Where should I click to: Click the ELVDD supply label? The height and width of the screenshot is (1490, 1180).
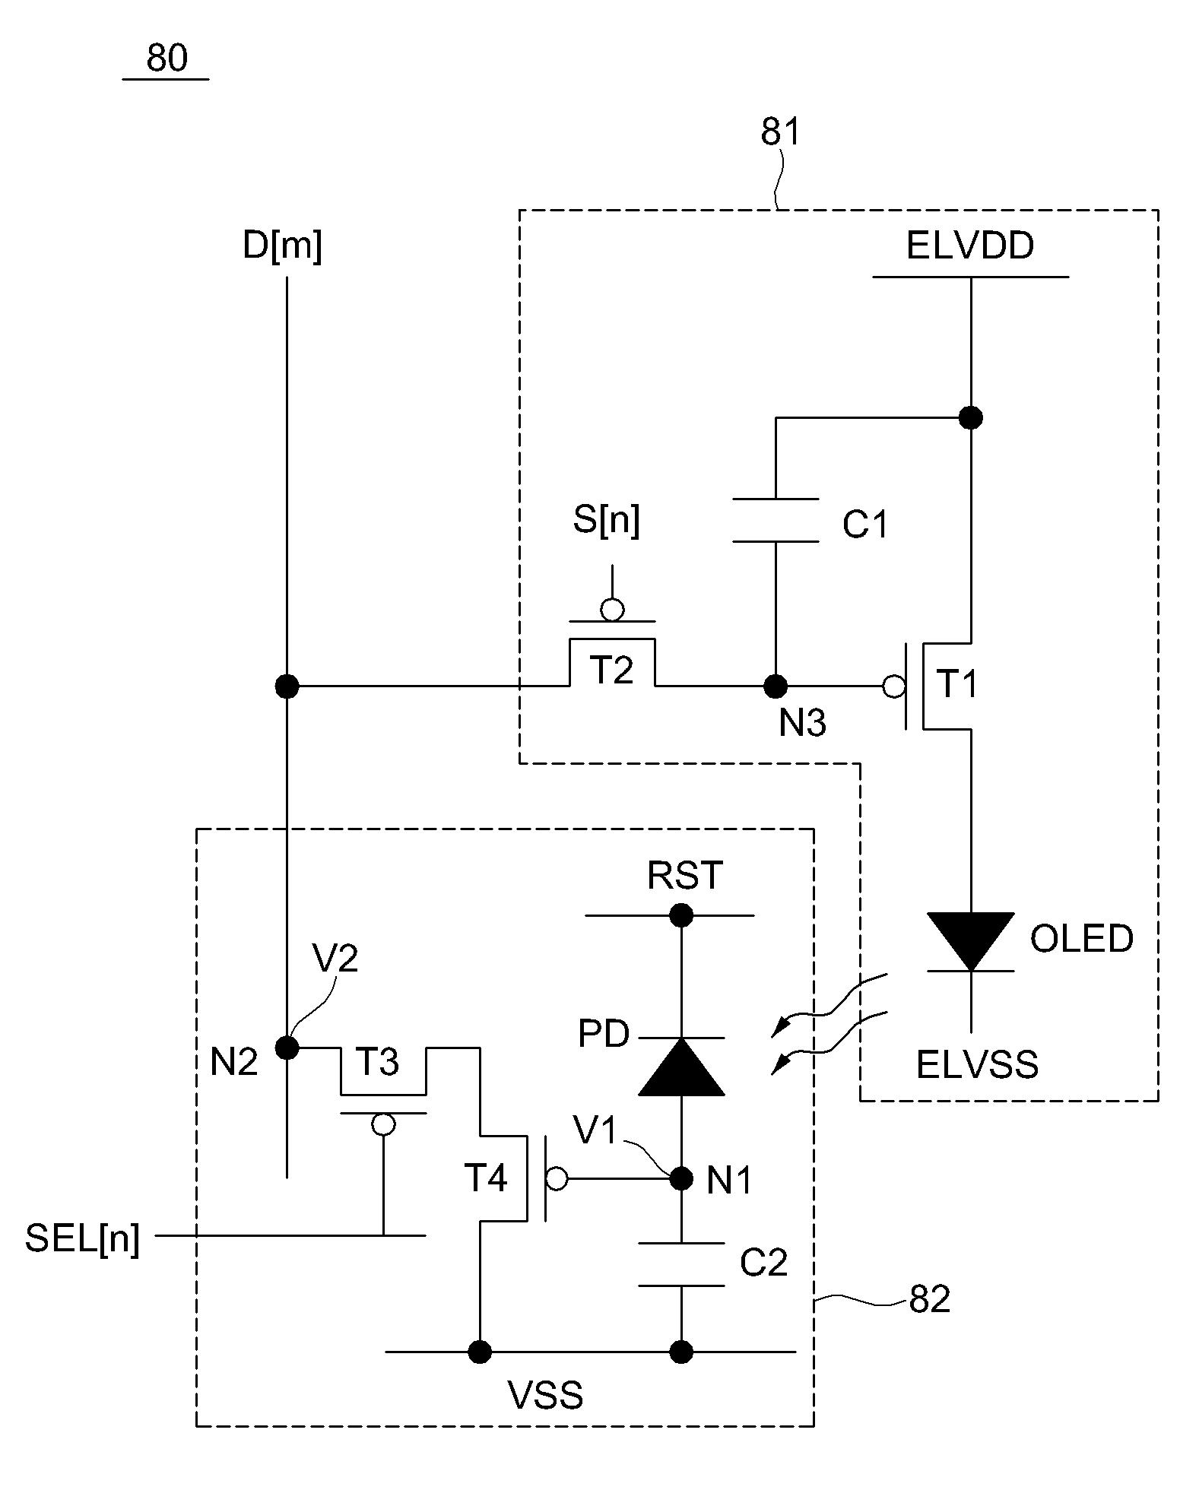pos(970,246)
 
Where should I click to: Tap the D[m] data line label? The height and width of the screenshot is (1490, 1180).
pos(282,247)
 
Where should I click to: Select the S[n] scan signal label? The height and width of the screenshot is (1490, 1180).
pos(606,521)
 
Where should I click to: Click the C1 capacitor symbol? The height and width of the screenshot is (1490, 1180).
pos(775,521)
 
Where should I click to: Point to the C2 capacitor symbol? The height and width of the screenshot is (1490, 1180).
pos(680,1264)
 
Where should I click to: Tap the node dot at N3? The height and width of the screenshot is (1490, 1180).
pos(775,686)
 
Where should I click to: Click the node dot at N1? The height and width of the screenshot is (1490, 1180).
pos(680,1179)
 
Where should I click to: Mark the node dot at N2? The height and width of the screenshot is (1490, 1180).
pos(287,1048)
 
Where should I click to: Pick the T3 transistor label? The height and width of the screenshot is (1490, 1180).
pos(378,1062)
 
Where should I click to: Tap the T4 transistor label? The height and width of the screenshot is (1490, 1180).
pos(486,1178)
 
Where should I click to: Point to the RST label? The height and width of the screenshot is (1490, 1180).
pos(684,876)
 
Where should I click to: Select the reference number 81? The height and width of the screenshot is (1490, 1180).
pos(781,133)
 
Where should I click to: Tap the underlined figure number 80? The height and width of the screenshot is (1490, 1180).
pos(167,59)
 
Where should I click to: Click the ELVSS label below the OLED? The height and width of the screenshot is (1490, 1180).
pos(977,1064)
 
